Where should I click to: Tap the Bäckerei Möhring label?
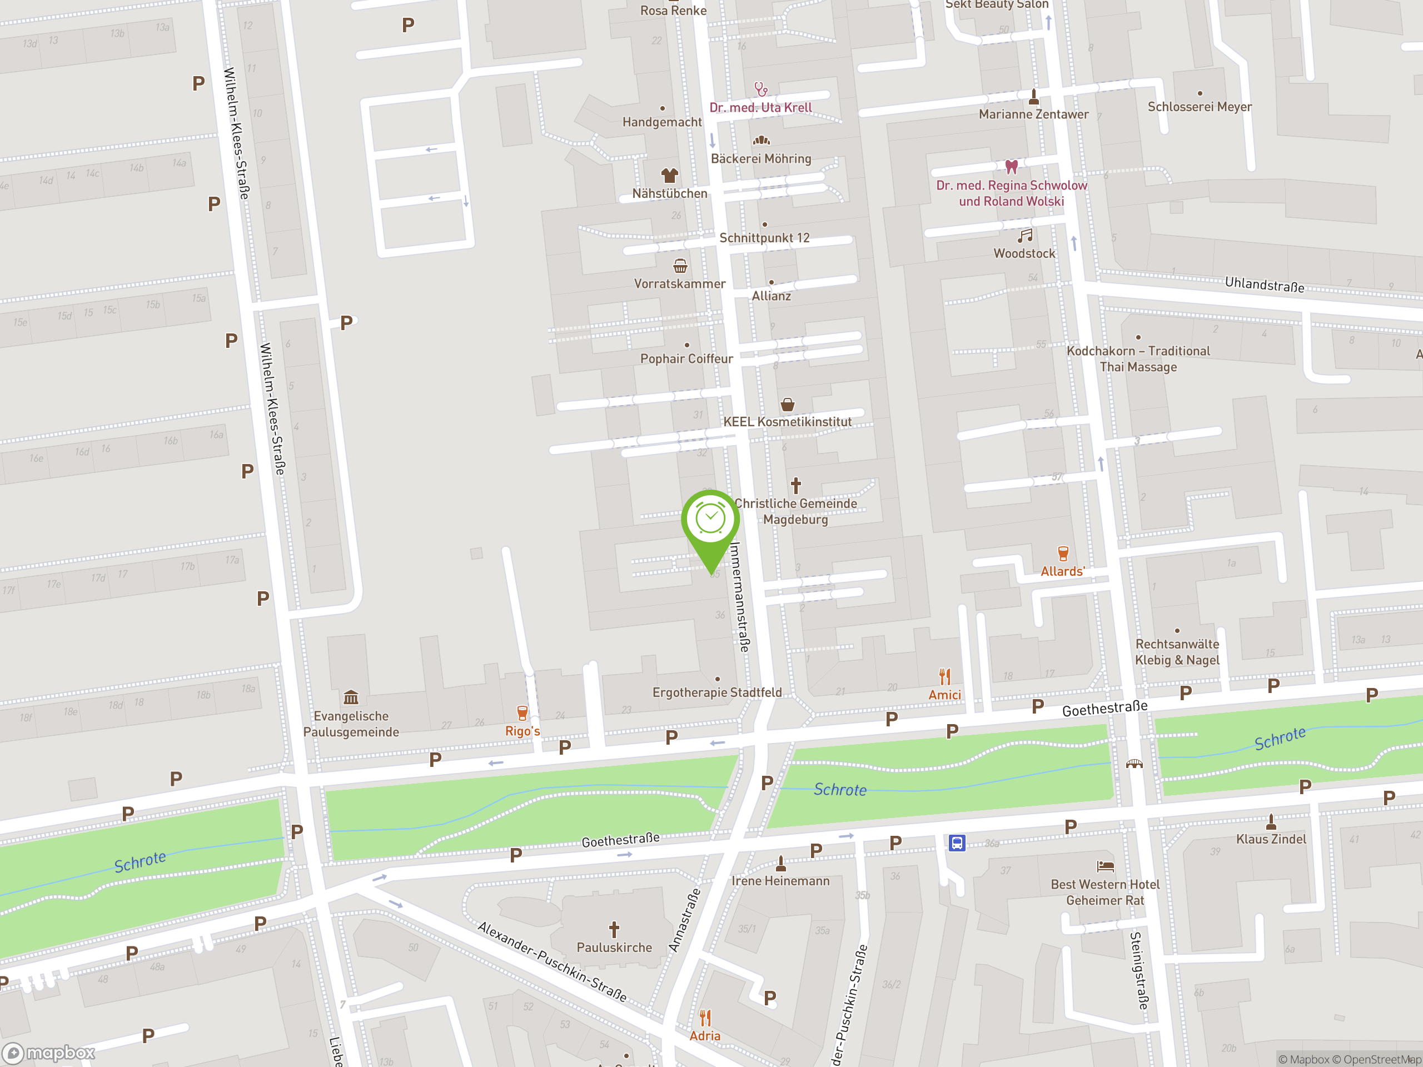click(760, 159)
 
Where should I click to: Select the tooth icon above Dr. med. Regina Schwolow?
click(1011, 167)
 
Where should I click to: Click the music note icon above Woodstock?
click(1025, 236)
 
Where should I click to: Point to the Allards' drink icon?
click(1063, 553)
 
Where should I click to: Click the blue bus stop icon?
click(957, 842)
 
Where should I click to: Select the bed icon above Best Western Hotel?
click(1105, 866)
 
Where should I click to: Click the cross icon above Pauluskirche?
click(614, 929)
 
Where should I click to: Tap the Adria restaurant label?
click(705, 1035)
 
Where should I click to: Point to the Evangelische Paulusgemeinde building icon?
click(351, 697)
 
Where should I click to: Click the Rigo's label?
click(523, 731)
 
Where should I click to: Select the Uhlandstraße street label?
click(1264, 285)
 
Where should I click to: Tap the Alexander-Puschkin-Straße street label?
click(552, 961)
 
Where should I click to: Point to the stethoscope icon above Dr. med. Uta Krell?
click(761, 89)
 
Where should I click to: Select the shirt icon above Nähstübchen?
click(669, 175)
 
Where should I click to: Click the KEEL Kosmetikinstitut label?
click(788, 422)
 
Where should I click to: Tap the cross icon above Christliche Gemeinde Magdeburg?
click(796, 485)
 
